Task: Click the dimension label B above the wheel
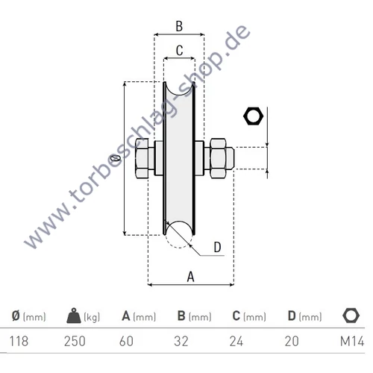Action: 178,26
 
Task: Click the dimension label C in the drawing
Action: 179,51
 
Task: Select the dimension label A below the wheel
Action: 190,276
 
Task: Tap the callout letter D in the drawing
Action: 216,248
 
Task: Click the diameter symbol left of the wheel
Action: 114,159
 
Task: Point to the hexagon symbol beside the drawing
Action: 254,116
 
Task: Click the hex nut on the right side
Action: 219,157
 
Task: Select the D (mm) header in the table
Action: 302,316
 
